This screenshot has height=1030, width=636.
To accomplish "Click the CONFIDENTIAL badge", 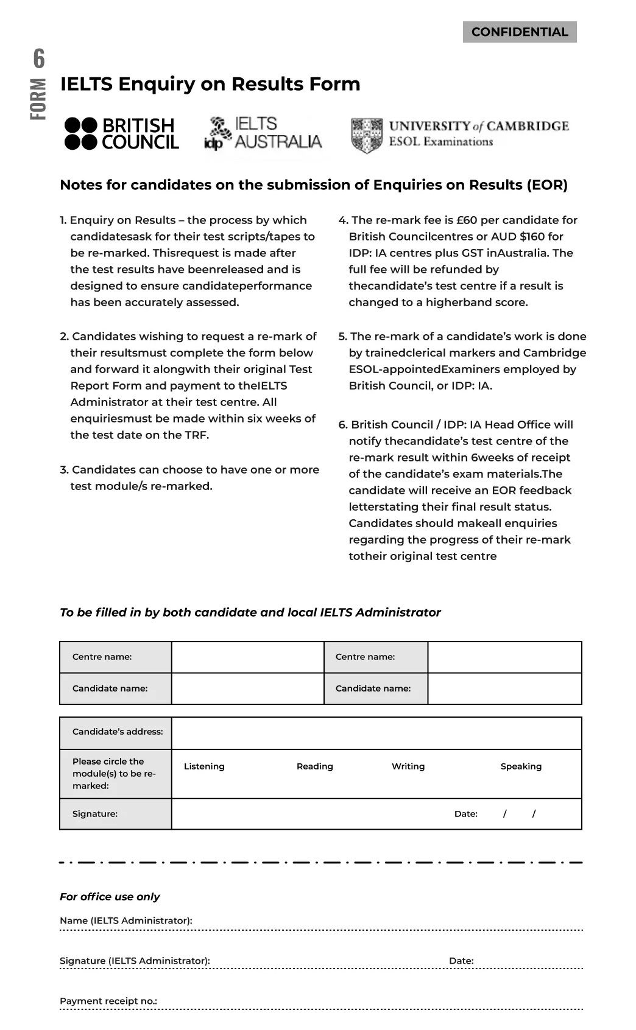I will pos(520,32).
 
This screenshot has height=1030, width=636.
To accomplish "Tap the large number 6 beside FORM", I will pos(39,59).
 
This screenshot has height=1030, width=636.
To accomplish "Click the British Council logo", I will pos(122,134).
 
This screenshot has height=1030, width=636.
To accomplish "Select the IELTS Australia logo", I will pos(263,133).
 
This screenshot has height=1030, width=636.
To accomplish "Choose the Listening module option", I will pos(204,766).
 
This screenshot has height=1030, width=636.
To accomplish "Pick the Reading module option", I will pos(315,766).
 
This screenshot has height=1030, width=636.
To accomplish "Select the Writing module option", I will pos(408,766).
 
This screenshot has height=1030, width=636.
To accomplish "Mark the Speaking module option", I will pos(521,766).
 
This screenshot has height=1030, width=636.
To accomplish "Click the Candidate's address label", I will pos(118,732).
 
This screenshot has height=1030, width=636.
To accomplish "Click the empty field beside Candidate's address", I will pos(376,733).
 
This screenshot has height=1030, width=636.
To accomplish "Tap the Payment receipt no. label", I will pos(108,1001).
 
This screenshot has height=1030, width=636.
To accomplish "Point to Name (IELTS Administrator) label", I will pos(126,920).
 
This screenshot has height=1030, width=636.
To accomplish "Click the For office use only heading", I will pos(110,897).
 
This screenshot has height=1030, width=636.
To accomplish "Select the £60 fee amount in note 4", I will pos(466,220).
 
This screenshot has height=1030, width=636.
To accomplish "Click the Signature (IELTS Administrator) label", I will pos(135,961).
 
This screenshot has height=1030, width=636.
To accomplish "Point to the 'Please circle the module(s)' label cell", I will pos(115,774).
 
